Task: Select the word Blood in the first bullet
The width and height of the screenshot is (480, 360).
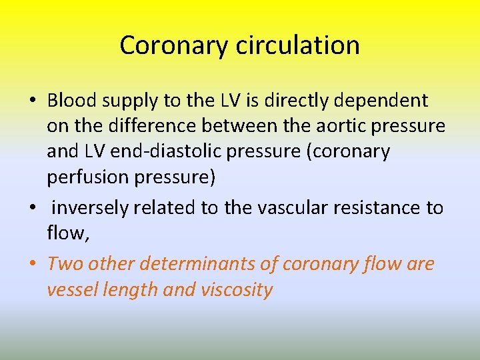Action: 73,101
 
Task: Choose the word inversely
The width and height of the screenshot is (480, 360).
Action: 90,209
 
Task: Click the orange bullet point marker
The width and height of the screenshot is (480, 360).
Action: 33,265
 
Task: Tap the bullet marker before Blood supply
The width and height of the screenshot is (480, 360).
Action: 33,101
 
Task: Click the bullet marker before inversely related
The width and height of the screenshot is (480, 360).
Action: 33,208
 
